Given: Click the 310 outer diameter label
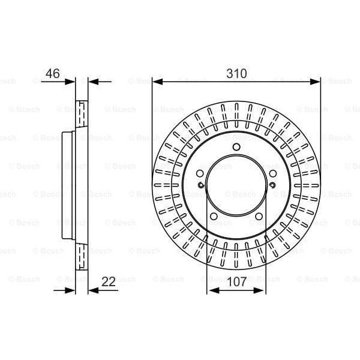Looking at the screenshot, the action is click(x=236, y=73).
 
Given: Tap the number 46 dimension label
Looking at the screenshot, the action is click(x=53, y=73).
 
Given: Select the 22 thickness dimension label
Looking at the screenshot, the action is click(x=109, y=281).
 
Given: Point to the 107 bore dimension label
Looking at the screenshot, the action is click(x=237, y=281).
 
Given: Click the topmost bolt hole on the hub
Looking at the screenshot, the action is click(x=236, y=147).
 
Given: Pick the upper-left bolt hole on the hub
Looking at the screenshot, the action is click(x=200, y=173).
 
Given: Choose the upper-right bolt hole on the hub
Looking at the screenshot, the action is click(x=273, y=173).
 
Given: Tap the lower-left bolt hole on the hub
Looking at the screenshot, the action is click(x=214, y=216).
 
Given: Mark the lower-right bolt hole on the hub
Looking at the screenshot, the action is click(x=259, y=216).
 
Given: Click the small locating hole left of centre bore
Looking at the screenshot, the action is click(x=201, y=185).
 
